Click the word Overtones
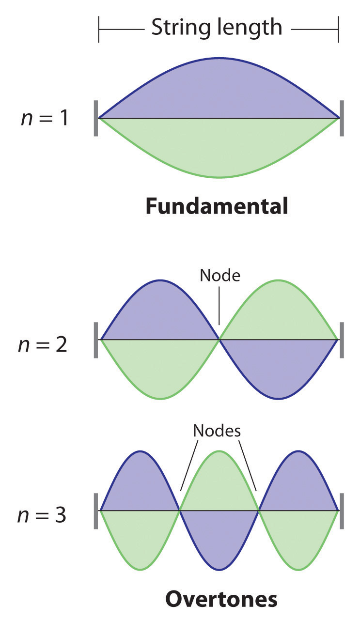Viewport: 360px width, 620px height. click(x=221, y=599)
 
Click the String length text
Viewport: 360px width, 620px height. click(x=217, y=28)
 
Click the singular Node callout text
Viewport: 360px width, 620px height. click(x=220, y=276)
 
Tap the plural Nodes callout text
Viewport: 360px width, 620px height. click(x=217, y=431)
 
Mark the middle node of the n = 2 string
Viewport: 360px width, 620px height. click(x=219, y=340)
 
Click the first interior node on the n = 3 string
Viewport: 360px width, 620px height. click(x=180, y=510)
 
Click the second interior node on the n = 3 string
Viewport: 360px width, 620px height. click(x=259, y=510)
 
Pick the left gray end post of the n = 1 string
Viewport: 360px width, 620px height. click(x=96, y=118)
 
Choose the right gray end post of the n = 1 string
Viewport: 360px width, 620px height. click(x=342, y=118)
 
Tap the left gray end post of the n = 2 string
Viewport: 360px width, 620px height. click(x=96, y=340)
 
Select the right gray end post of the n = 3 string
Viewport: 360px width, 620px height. click(x=342, y=511)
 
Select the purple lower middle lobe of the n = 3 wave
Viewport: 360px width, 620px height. click(x=219, y=538)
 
